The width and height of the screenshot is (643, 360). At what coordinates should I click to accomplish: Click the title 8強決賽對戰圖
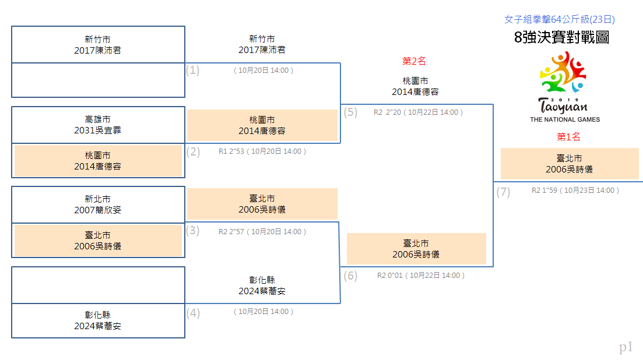(x=561, y=37)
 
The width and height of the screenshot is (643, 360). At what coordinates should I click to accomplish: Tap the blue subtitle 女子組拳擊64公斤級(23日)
(x=559, y=19)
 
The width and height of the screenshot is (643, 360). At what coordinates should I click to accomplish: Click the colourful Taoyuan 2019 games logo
(x=563, y=82)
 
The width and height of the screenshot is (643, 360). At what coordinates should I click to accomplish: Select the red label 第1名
(x=568, y=137)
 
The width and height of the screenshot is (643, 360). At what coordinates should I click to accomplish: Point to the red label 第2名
(x=414, y=61)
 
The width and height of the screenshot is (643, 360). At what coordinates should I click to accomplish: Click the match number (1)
(x=192, y=70)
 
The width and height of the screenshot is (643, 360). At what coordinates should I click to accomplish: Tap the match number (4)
(x=193, y=313)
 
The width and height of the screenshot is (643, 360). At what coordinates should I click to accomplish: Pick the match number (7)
(x=503, y=192)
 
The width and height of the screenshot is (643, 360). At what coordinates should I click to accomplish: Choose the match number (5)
(x=350, y=112)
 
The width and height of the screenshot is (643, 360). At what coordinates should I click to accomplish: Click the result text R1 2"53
(x=231, y=151)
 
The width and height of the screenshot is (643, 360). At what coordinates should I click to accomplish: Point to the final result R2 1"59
(x=544, y=190)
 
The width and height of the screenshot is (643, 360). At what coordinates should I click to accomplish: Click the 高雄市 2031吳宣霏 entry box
(x=98, y=125)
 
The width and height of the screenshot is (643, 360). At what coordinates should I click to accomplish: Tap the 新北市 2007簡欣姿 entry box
(x=98, y=205)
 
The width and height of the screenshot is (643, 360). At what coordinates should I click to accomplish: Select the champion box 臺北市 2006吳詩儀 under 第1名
(x=570, y=164)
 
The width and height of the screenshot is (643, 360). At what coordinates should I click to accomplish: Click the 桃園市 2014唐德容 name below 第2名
(x=415, y=86)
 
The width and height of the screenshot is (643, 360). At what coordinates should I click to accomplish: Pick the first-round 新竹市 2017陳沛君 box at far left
(x=98, y=45)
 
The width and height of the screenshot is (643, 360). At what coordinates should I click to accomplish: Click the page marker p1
(x=626, y=347)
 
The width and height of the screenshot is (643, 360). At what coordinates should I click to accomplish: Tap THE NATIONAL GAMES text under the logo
(x=565, y=119)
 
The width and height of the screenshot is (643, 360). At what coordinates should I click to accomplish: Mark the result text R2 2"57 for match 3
(x=231, y=231)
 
